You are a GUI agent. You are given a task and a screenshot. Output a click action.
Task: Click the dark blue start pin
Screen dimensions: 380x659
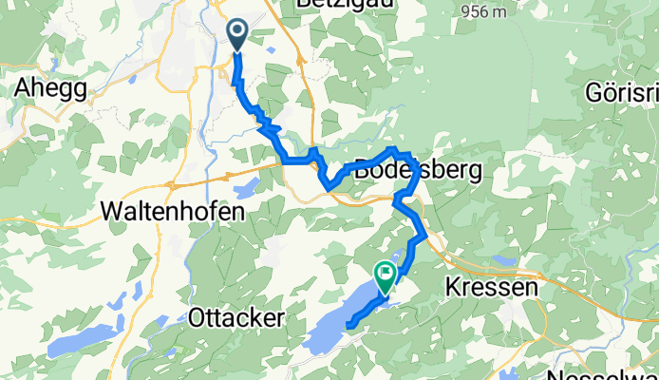[236, 35]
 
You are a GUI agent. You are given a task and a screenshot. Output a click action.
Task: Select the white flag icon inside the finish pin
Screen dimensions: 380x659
[386, 274]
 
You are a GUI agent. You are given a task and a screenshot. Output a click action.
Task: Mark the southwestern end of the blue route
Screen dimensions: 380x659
[349, 328]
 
